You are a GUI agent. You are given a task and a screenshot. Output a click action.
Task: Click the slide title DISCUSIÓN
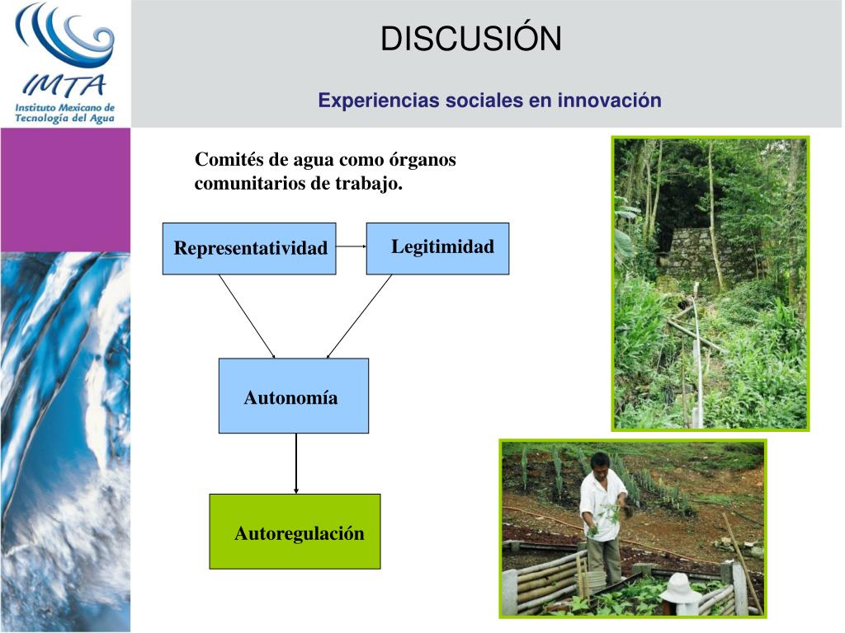point(470,39)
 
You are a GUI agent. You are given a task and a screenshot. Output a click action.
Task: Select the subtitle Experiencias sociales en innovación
point(489,101)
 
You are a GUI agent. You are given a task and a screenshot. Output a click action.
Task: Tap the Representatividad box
point(249,248)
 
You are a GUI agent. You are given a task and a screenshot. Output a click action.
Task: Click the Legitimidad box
point(437,247)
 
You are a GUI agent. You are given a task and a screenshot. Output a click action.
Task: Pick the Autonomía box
point(293,396)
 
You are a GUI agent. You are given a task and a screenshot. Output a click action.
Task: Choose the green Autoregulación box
point(295,532)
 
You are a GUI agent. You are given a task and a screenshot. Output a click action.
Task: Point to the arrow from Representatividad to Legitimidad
point(351,246)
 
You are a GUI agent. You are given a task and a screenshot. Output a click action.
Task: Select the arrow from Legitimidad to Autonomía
point(359,316)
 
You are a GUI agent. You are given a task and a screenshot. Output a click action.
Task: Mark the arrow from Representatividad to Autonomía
point(247,316)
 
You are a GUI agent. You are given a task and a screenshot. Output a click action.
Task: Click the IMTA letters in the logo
point(64,85)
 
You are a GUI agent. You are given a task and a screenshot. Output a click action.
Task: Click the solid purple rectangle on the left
point(65,190)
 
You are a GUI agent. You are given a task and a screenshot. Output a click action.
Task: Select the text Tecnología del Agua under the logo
point(64,118)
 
